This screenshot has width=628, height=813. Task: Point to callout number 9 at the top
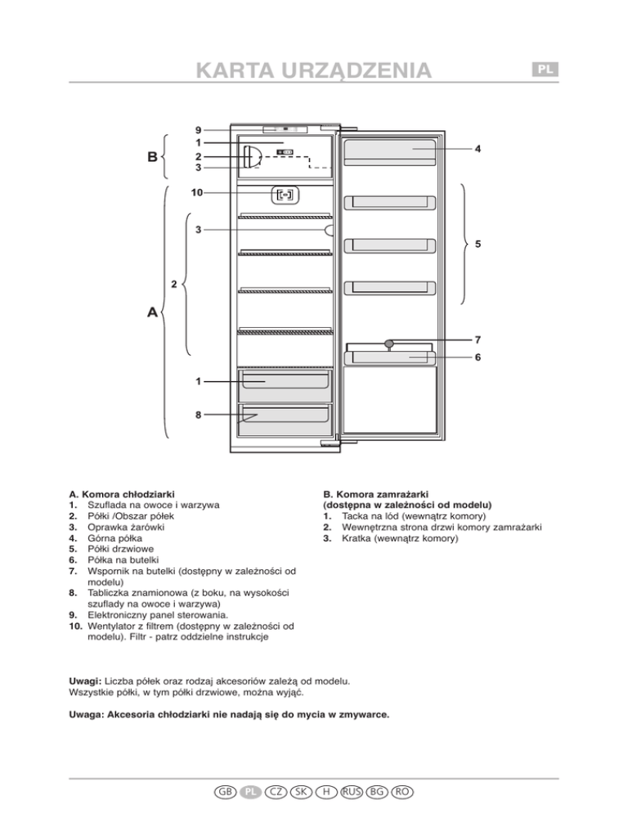tap(199, 129)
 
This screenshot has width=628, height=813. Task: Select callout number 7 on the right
tap(478, 339)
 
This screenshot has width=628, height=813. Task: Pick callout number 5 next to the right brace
tap(478, 244)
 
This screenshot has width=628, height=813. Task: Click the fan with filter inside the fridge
tap(286, 195)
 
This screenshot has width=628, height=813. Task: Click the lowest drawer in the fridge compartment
tap(285, 420)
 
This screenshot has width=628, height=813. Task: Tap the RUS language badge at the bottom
tap(352, 792)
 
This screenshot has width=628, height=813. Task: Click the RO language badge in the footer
tap(401, 792)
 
